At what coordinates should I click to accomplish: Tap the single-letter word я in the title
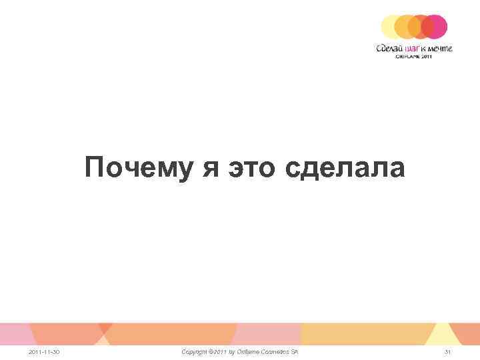(x=211, y=167)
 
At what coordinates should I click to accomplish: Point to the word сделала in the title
(x=345, y=167)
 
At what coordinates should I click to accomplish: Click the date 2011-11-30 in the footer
(x=43, y=351)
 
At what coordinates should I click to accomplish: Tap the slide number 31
(x=448, y=351)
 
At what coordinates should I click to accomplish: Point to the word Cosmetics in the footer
(x=277, y=351)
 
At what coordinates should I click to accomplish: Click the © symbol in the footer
(x=211, y=351)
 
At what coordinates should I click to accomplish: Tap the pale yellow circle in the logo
(x=391, y=27)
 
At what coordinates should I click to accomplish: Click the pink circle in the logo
(x=435, y=27)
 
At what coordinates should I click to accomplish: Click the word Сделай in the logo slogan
(x=389, y=48)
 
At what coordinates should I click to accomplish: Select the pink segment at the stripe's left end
(x=13, y=333)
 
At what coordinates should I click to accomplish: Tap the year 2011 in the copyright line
(x=221, y=351)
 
